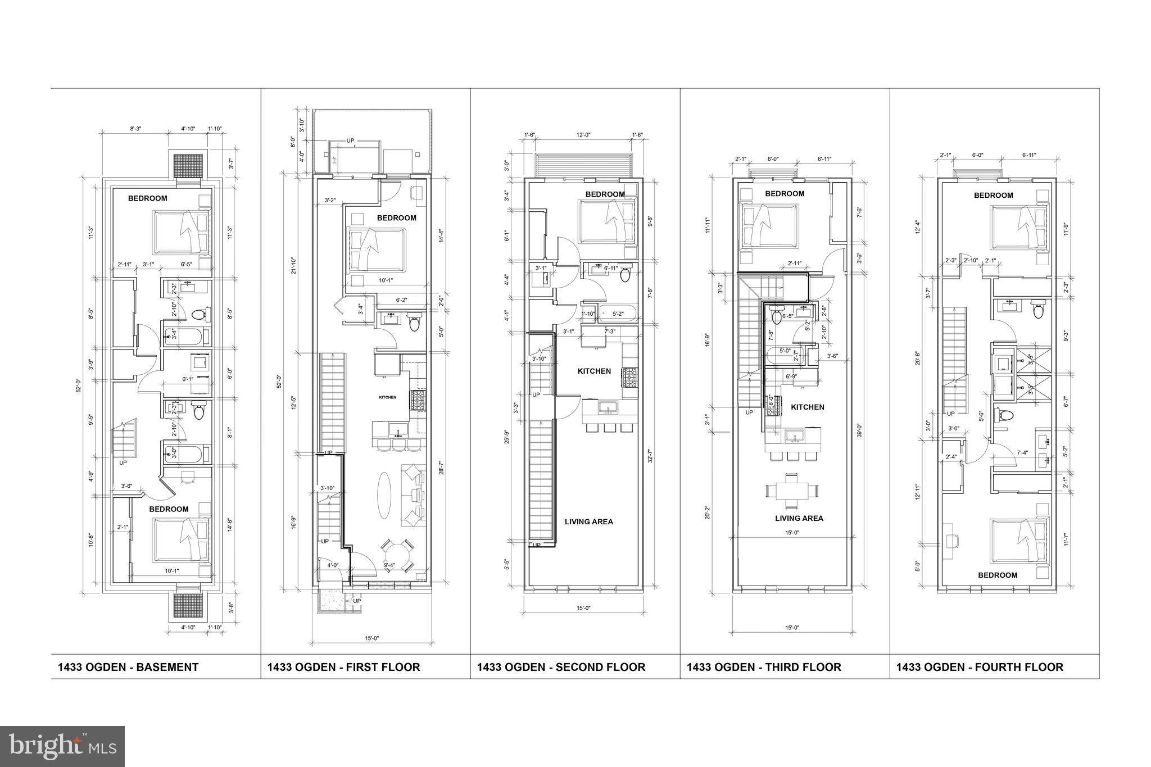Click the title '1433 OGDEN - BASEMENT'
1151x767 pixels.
(x=128, y=667)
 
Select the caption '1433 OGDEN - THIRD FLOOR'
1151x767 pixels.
(x=764, y=667)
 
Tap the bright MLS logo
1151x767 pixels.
(x=62, y=747)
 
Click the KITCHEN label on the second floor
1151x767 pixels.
(x=594, y=371)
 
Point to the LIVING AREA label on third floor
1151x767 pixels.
(x=799, y=518)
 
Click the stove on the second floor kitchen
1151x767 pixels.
(x=628, y=378)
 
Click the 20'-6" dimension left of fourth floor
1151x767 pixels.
(x=918, y=358)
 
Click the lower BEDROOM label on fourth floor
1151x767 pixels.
(x=998, y=575)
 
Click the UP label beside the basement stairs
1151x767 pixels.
(x=123, y=462)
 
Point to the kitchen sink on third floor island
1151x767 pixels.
(x=795, y=435)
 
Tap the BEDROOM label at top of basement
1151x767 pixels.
(x=147, y=198)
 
